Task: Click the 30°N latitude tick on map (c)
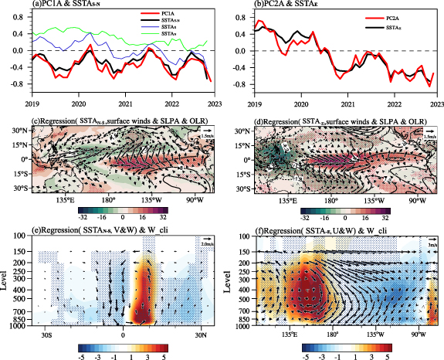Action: point(19,131)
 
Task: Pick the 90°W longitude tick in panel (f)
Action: point(418,335)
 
